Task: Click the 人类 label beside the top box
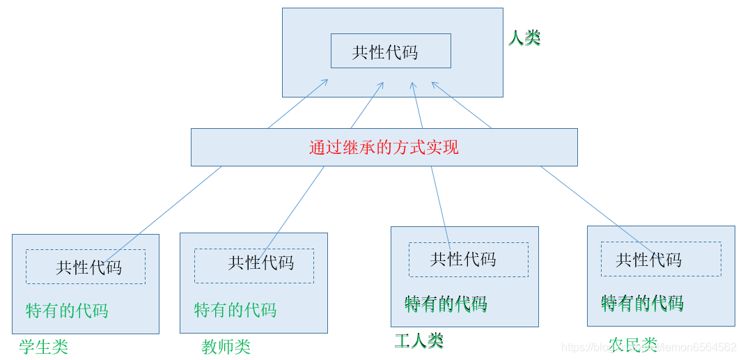coord(524,38)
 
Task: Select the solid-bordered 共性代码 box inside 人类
coord(390,51)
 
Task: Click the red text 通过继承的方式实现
coord(384,148)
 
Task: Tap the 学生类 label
coord(44,347)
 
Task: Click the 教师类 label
coord(226,347)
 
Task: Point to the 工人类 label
coord(419,341)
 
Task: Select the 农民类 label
coord(632,345)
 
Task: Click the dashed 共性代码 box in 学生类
coord(85,267)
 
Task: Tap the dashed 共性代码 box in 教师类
coord(253,265)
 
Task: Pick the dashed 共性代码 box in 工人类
coord(468,259)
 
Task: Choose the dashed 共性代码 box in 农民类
coord(660,260)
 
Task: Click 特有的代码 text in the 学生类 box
coord(67,311)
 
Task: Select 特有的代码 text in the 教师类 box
coord(235,310)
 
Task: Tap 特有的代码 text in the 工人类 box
coord(446,304)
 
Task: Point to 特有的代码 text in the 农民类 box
coord(642,304)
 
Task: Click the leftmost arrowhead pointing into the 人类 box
coord(325,81)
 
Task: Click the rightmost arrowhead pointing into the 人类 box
coord(435,85)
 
